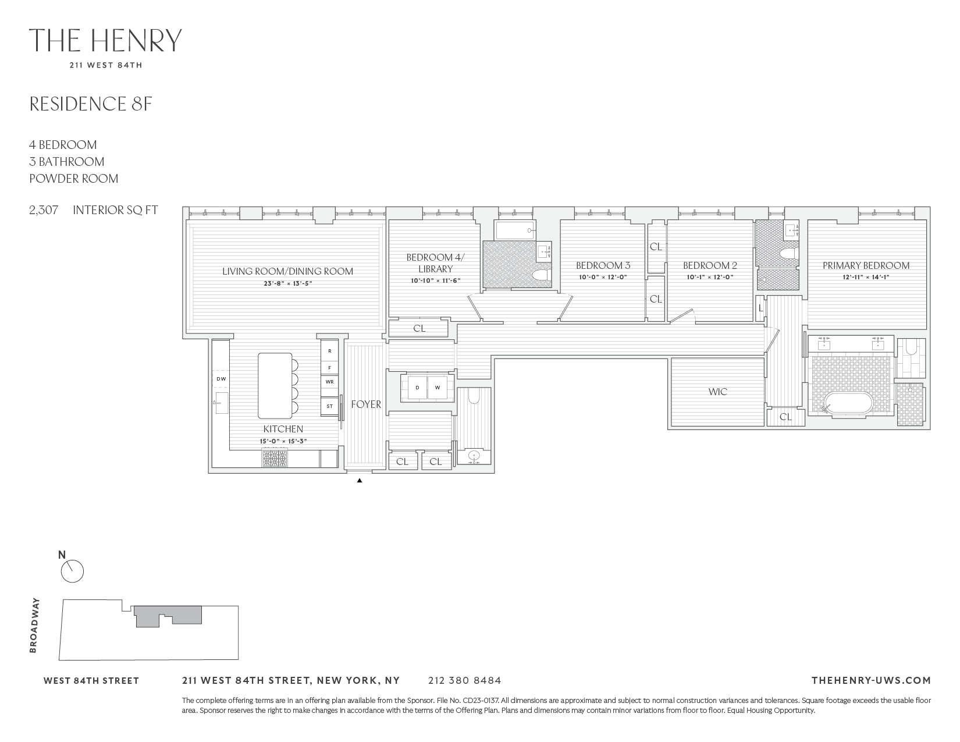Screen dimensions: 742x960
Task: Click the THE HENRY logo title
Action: click(x=105, y=40)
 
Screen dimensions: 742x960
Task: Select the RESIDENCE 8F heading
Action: click(x=91, y=104)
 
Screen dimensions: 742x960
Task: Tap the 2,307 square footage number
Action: click(x=44, y=210)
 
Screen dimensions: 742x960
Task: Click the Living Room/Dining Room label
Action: click(x=287, y=271)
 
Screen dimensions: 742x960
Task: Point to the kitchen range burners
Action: click(x=275, y=460)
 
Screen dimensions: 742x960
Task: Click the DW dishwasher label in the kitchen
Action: click(x=221, y=379)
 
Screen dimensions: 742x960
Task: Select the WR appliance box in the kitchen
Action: click(x=330, y=382)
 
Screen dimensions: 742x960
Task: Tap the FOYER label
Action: click(x=366, y=404)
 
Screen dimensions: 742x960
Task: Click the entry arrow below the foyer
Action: click(x=360, y=481)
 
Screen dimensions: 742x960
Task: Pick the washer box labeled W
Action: click(x=438, y=388)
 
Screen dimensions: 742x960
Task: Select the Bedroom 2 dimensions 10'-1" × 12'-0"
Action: click(x=710, y=278)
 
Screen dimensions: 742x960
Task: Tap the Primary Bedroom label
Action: click(x=866, y=265)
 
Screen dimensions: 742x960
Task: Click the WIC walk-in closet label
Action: click(x=717, y=392)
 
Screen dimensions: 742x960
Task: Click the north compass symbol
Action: click(x=72, y=571)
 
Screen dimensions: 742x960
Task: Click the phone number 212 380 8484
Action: click(x=464, y=680)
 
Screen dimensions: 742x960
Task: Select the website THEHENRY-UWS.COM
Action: click(x=870, y=680)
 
